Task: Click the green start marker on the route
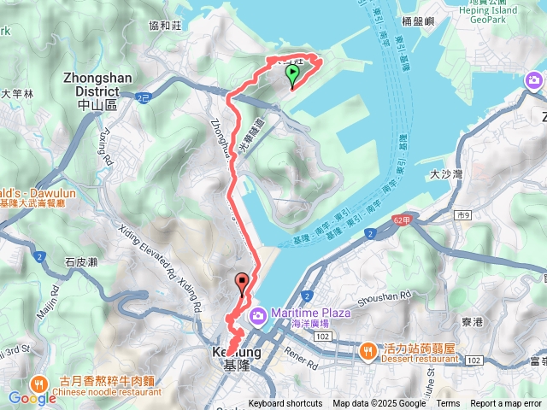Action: (292, 76)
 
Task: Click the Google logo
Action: (32, 397)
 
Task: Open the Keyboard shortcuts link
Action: (285, 404)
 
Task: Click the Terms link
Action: (448, 404)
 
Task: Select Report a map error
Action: (506, 404)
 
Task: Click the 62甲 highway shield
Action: (405, 219)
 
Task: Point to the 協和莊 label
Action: (164, 26)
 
